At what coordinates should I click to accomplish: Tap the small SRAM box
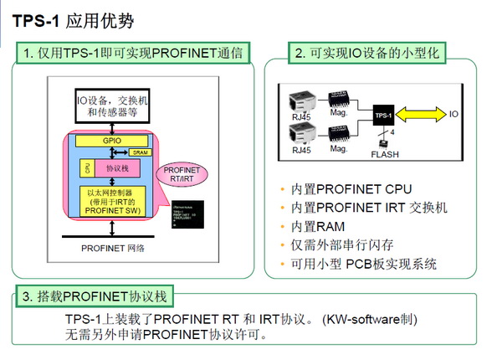coord(141,152)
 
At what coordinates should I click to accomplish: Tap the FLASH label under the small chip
coord(386,153)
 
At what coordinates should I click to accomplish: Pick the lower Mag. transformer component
coord(340,131)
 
